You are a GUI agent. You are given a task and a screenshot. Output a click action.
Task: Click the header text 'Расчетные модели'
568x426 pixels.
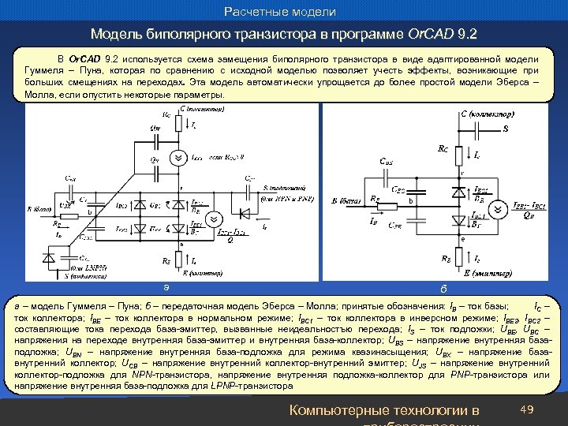(280, 12)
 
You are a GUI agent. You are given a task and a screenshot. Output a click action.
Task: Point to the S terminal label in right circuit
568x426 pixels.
(506, 129)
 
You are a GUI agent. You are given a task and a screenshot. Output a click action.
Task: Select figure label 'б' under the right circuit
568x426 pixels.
(444, 286)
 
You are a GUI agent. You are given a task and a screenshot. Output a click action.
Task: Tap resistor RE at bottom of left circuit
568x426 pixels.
(180, 259)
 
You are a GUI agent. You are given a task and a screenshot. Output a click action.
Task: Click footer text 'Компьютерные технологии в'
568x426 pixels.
(384, 409)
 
